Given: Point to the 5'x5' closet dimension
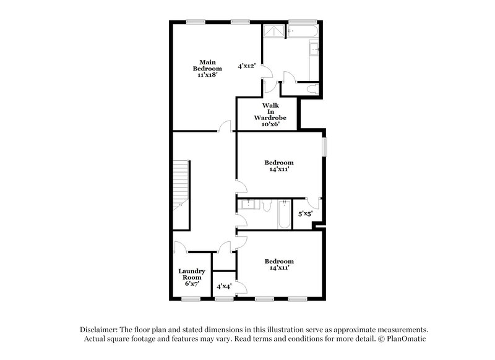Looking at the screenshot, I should pos(306,214).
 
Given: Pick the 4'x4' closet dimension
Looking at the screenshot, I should pos(224,286).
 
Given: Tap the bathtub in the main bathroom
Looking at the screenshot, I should pos(303,31).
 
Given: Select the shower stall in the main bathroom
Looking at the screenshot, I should pos(273,32).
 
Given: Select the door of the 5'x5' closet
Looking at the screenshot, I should pos(314,202).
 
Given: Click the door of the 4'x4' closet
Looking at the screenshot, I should pos(242,286).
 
